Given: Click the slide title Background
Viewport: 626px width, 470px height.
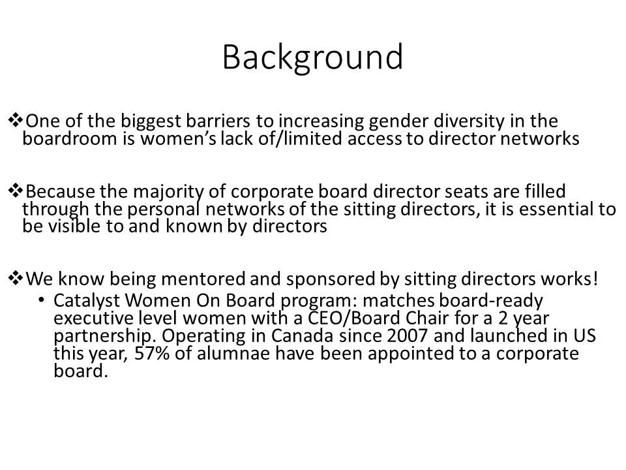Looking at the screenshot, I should pos(312,57).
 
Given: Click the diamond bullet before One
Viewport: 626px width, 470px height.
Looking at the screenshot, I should pos(14,120).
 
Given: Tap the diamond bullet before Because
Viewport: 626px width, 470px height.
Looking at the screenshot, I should pos(14,191).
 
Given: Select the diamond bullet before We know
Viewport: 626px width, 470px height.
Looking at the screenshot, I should pos(14,278).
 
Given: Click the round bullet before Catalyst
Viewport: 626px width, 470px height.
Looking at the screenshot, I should pos(42,300).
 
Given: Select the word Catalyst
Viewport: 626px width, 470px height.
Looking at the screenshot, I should pos(85,301).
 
